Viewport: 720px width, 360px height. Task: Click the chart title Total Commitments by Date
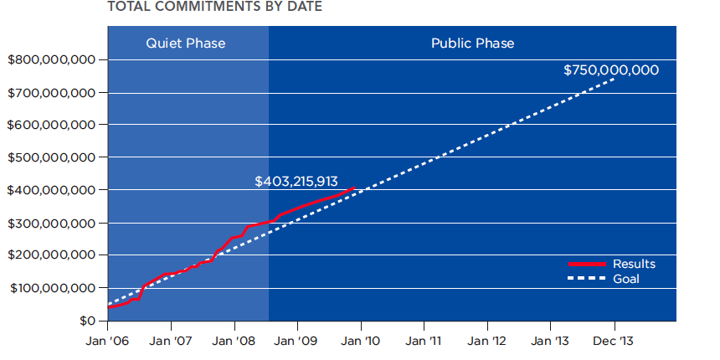pyautogui.click(x=214, y=7)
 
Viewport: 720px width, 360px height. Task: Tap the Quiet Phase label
pyautogui.click(x=186, y=44)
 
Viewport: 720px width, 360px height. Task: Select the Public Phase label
pyautogui.click(x=472, y=44)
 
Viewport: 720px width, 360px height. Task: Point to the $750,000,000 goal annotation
pyautogui.click(x=610, y=69)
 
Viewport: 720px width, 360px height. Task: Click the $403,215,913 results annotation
pyautogui.click(x=300, y=181)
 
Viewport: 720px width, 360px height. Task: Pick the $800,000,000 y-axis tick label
pyautogui.click(x=51, y=60)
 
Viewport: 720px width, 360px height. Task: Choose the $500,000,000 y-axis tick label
pyautogui.click(x=51, y=157)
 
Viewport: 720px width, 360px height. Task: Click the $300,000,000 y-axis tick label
pyautogui.click(x=51, y=224)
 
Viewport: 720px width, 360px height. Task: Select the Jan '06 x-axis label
pyautogui.click(x=107, y=342)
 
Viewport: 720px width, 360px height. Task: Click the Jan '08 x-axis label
pyautogui.click(x=234, y=342)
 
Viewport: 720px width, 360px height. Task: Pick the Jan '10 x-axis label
pyautogui.click(x=361, y=342)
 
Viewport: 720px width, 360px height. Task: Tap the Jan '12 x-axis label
pyautogui.click(x=487, y=342)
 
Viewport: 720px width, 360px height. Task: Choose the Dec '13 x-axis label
pyautogui.click(x=614, y=342)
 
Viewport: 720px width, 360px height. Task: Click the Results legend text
pyautogui.click(x=634, y=264)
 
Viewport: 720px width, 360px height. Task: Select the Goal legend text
pyautogui.click(x=626, y=279)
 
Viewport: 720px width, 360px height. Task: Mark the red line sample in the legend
pyautogui.click(x=587, y=264)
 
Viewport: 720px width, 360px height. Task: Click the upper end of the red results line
pyautogui.click(x=354, y=188)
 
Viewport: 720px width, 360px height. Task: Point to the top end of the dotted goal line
pyautogui.click(x=614, y=79)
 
